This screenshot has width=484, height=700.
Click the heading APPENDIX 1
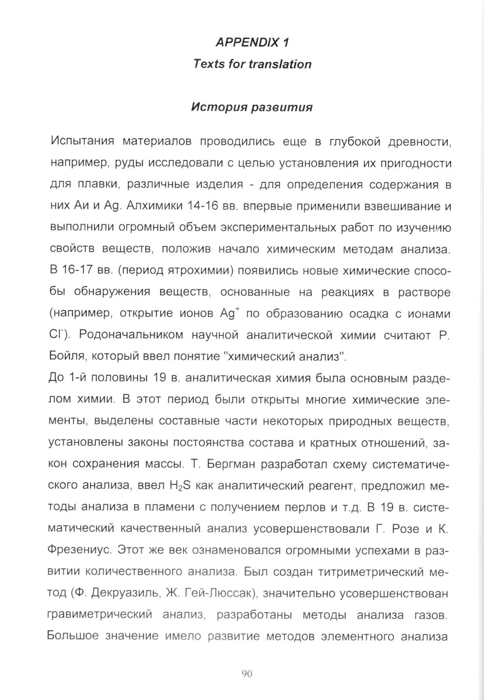click(252, 43)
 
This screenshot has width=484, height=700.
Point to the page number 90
click(247, 673)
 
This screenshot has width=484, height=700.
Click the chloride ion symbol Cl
click(57, 334)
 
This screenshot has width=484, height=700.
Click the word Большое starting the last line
click(72, 636)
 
